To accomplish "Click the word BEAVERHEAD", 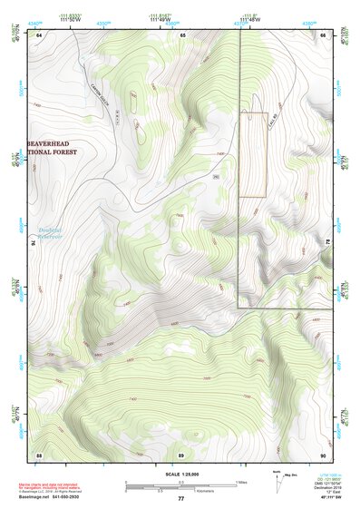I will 54,143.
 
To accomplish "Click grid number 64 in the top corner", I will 40,34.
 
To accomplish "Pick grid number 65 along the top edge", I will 182,34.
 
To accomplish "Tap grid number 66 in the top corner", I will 323,34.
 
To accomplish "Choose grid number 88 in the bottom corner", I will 40,454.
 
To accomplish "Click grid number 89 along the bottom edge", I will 181,454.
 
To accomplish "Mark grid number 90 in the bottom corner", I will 323,454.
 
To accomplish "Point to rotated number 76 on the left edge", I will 36,243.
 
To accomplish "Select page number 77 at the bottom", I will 180,499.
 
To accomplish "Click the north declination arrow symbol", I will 277,479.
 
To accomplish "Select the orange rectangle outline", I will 254,154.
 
